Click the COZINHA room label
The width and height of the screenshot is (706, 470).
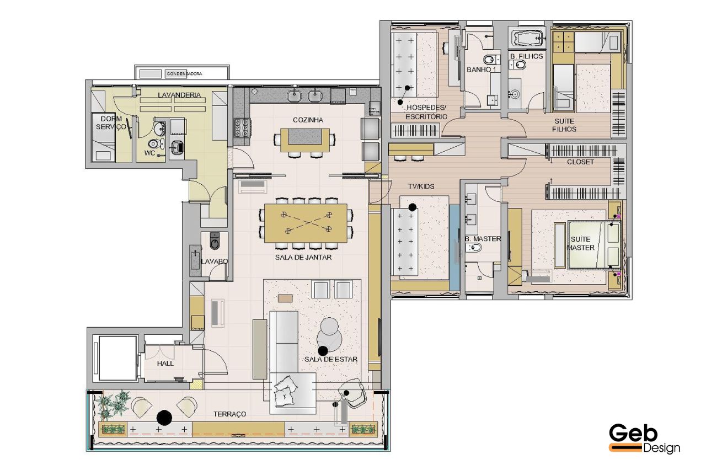(308, 120)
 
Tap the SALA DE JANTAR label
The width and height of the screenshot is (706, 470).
(303, 257)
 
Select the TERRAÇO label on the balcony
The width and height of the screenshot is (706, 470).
(229, 414)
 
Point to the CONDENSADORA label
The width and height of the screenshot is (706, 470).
(184, 74)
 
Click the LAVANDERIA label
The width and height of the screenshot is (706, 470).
(179, 95)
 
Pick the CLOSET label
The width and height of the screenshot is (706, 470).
(580, 162)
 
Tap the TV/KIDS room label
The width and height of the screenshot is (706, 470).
(421, 186)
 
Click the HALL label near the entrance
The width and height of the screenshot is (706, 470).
(165, 364)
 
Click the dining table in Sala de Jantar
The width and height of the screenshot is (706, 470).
(306, 223)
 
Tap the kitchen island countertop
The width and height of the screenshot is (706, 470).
(306, 140)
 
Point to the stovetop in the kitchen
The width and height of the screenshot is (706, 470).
(242, 127)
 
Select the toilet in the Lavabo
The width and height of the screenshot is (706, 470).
(215, 242)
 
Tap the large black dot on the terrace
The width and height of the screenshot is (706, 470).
(164, 418)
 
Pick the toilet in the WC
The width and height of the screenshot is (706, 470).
(154, 144)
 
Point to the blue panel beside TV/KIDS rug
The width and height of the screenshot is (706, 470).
(454, 248)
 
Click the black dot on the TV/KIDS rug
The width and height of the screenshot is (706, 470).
(412, 207)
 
